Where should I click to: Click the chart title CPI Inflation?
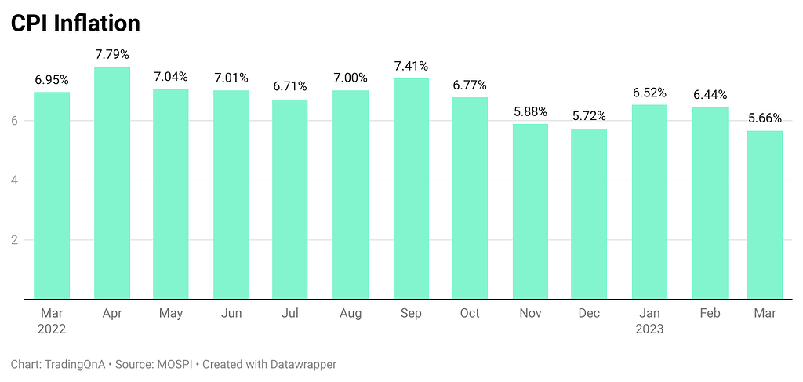pyautogui.click(x=75, y=24)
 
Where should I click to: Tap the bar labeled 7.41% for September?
pyautogui.click(x=410, y=188)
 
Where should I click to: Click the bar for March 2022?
pyautogui.click(x=52, y=195)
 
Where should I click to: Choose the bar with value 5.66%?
pyautogui.click(x=765, y=214)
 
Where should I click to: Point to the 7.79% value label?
pyautogui.click(x=111, y=55)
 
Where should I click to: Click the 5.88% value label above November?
pyautogui.click(x=530, y=112)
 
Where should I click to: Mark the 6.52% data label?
pyautogui.click(x=649, y=93)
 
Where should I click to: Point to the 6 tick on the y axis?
pyautogui.click(x=14, y=121)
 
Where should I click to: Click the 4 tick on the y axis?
pyautogui.click(x=14, y=180)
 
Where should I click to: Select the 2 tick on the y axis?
pyautogui.click(x=14, y=240)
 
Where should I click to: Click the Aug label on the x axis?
pyautogui.click(x=350, y=314)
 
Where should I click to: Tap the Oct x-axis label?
pyautogui.click(x=470, y=314)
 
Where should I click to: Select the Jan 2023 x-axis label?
pyautogui.click(x=649, y=321)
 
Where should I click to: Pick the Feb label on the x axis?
pyautogui.click(x=709, y=314)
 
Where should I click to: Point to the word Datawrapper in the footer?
pyautogui.click(x=299, y=365)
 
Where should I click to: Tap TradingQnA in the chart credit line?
pyautogui.click(x=74, y=365)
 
